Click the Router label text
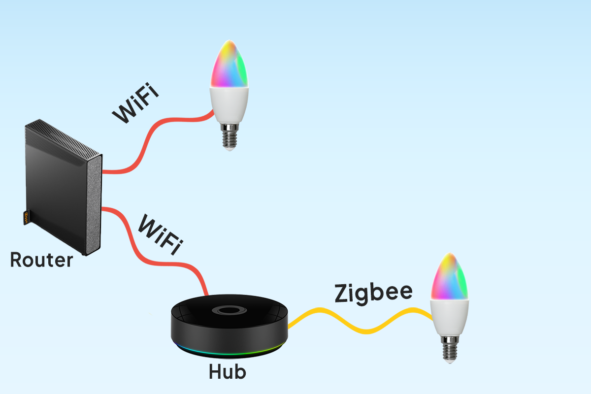(x=41, y=260)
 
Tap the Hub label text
(x=227, y=371)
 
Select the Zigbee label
(x=373, y=293)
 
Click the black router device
(x=54, y=187)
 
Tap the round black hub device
(x=229, y=323)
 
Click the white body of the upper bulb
(x=228, y=105)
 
